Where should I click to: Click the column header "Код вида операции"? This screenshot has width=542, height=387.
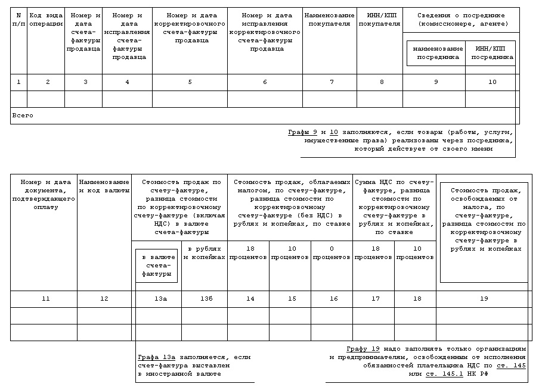[x=47, y=20]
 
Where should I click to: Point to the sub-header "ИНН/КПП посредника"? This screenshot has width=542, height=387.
[x=492, y=53]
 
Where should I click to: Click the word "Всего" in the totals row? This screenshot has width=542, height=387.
[x=23, y=116]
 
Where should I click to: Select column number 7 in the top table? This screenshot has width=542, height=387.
[x=332, y=82]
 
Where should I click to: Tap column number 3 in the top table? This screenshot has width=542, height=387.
[x=85, y=82]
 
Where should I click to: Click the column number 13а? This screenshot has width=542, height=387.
[x=157, y=299]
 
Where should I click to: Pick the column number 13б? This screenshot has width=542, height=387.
[x=205, y=299]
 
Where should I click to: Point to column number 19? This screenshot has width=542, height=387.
[x=484, y=299]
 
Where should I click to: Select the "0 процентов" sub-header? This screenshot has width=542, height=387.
[x=332, y=253]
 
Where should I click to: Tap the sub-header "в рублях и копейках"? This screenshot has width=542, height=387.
[x=205, y=253]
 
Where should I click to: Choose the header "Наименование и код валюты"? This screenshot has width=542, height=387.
[x=104, y=186]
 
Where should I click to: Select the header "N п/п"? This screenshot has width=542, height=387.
[x=18, y=20]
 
